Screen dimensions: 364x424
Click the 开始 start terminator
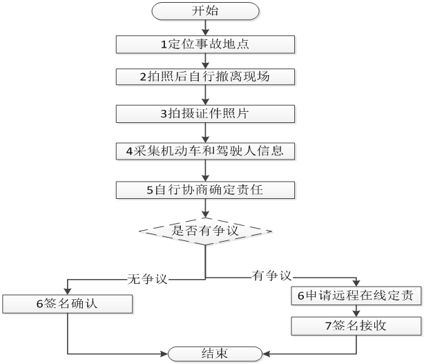click(205, 12)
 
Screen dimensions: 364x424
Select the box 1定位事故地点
click(205, 44)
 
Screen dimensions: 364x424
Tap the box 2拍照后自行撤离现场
click(205, 77)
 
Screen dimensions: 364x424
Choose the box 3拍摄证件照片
click(205, 113)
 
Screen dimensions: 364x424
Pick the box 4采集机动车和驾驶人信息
click(205, 150)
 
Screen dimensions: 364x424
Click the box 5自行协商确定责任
click(205, 189)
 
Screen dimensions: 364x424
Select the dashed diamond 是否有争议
click(205, 230)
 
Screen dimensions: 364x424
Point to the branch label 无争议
click(148, 278)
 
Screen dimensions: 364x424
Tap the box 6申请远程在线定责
click(356, 296)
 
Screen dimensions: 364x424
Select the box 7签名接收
click(356, 326)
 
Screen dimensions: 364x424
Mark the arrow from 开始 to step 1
click(205, 28)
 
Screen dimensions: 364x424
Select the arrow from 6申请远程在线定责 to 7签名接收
click(356, 311)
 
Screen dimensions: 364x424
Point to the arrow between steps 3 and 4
click(205, 132)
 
